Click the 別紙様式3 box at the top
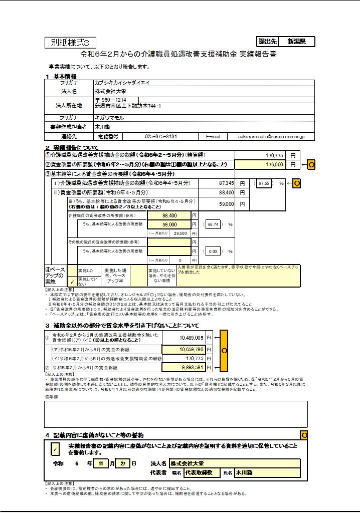tap(70, 43)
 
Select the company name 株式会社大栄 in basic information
tap(111, 92)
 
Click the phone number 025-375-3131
tap(160, 136)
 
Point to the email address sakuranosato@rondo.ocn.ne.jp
tap(272, 136)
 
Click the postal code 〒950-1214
tap(111, 100)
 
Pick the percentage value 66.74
tap(213, 224)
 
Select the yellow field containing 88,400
tap(175, 215)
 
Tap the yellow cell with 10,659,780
tap(184, 349)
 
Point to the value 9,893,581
tap(184, 367)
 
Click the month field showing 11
tap(102, 464)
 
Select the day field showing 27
tap(123, 464)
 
